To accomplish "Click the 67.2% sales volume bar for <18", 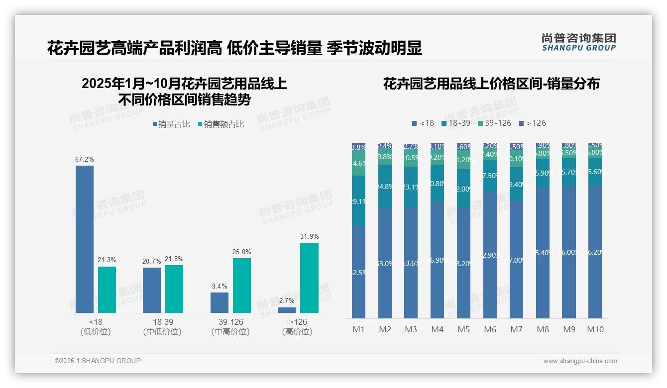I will pyautogui.click(x=85, y=239).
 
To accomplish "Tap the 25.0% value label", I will pyautogui.click(x=241, y=252).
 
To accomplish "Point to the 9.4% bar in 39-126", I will pyautogui.click(x=220, y=302).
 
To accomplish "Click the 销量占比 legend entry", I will pyautogui.click(x=171, y=124).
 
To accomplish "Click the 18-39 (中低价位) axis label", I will pyautogui.click(x=162, y=327).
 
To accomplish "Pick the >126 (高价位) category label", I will pyautogui.click(x=297, y=327).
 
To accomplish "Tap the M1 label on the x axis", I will pyautogui.click(x=359, y=329).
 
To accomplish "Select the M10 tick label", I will pyautogui.click(x=595, y=329).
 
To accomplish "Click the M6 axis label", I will pyautogui.click(x=490, y=329).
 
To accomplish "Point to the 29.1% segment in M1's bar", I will pyautogui.click(x=359, y=201).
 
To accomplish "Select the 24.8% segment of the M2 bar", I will pyautogui.click(x=385, y=187).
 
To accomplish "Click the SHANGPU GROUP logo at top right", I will pyautogui.click(x=578, y=42).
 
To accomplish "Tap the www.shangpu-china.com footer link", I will pyautogui.click(x=580, y=361).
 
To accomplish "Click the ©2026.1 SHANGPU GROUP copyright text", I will pyautogui.click(x=98, y=361).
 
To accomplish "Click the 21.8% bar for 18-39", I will pyautogui.click(x=174, y=289).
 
